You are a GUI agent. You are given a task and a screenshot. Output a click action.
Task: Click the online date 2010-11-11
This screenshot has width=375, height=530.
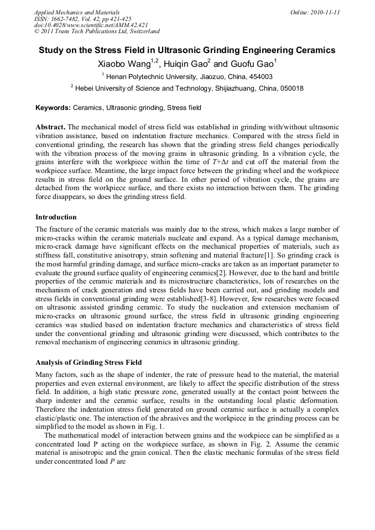(x=326, y=12)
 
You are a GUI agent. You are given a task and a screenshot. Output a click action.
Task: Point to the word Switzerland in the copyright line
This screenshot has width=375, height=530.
(x=140, y=32)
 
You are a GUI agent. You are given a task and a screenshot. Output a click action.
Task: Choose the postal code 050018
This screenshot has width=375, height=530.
(x=289, y=88)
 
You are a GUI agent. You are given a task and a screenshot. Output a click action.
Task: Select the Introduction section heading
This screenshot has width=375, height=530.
(x=56, y=217)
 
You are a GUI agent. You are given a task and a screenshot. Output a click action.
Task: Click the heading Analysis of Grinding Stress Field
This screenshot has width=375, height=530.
(x=88, y=363)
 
